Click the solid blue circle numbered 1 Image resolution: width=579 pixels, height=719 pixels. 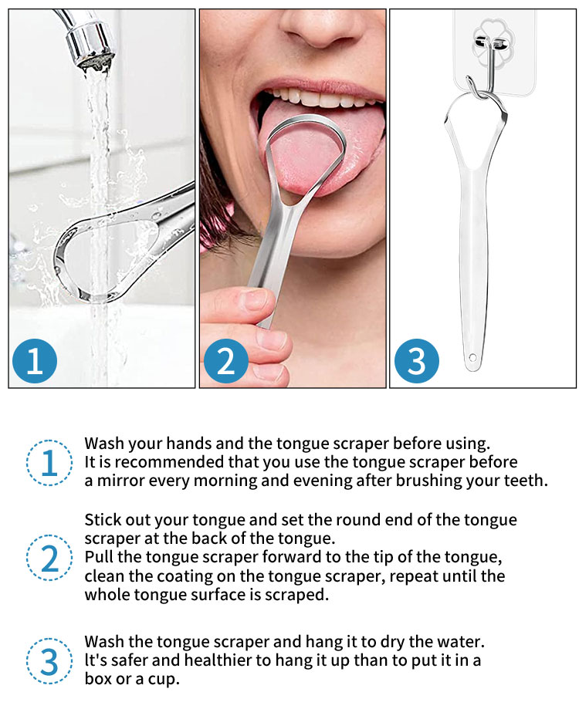[35, 361]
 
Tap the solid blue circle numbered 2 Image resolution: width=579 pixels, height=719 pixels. [225, 361]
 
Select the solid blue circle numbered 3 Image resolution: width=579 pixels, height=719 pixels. [417, 361]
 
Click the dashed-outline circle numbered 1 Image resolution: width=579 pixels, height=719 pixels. [49, 463]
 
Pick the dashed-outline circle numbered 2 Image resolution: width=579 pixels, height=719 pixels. [49, 558]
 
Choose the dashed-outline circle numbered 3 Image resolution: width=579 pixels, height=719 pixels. [49, 661]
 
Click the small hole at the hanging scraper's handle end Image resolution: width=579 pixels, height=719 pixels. [472, 357]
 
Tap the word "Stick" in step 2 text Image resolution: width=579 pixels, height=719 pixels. [100, 519]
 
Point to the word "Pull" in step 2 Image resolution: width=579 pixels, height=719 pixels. [98, 557]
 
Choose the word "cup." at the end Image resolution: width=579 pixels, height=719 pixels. [164, 680]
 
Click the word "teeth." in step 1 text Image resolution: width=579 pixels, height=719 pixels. [526, 481]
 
